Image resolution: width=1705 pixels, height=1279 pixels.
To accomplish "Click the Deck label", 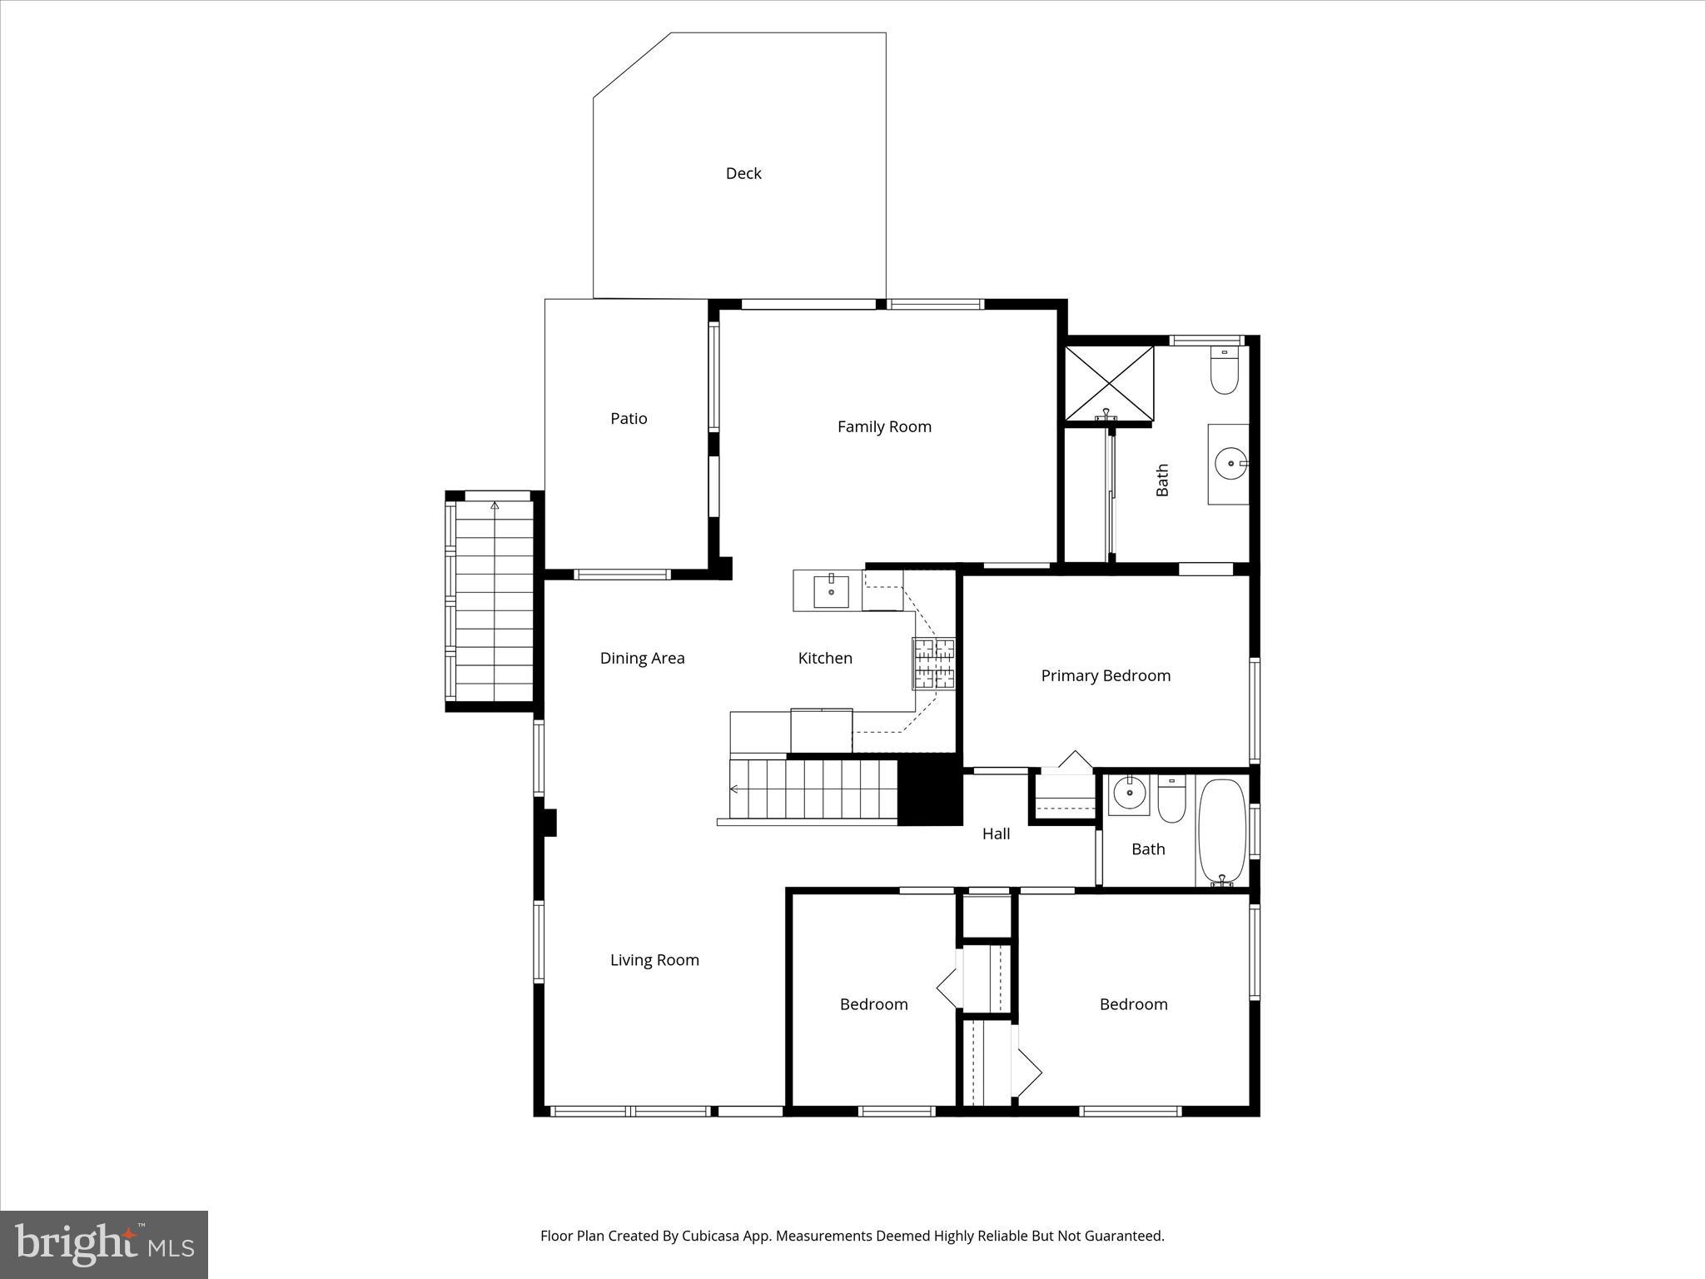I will click(x=743, y=173).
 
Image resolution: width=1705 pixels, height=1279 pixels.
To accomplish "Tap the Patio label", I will click(x=629, y=418).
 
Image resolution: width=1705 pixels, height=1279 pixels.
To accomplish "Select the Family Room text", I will click(x=884, y=426).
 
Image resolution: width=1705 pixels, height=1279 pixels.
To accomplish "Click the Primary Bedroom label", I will click(x=1106, y=675).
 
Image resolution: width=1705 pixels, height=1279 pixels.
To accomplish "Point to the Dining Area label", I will click(x=642, y=658).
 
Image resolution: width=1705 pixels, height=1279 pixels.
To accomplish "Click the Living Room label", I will click(x=654, y=959).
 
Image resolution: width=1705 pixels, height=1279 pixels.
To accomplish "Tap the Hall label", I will click(x=996, y=834).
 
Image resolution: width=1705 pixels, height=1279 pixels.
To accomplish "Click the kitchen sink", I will click(x=831, y=590).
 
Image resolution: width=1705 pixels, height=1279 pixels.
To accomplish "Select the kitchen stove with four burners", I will click(x=933, y=664).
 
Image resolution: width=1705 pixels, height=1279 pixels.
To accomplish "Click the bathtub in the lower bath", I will click(x=1221, y=830).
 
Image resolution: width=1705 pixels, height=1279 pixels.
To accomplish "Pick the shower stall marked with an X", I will click(x=1109, y=383).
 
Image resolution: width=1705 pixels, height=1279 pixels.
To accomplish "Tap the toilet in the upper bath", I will click(x=1224, y=371).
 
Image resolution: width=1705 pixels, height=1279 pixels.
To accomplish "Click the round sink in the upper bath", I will click(x=1230, y=463).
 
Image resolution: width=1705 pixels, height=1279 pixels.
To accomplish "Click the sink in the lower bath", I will click(x=1128, y=794).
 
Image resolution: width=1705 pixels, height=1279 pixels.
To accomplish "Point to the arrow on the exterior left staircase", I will click(x=495, y=505).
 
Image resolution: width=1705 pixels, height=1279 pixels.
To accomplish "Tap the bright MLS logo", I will click(x=104, y=1244).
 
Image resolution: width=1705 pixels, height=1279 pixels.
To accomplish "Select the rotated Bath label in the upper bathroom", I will click(x=1162, y=480).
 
